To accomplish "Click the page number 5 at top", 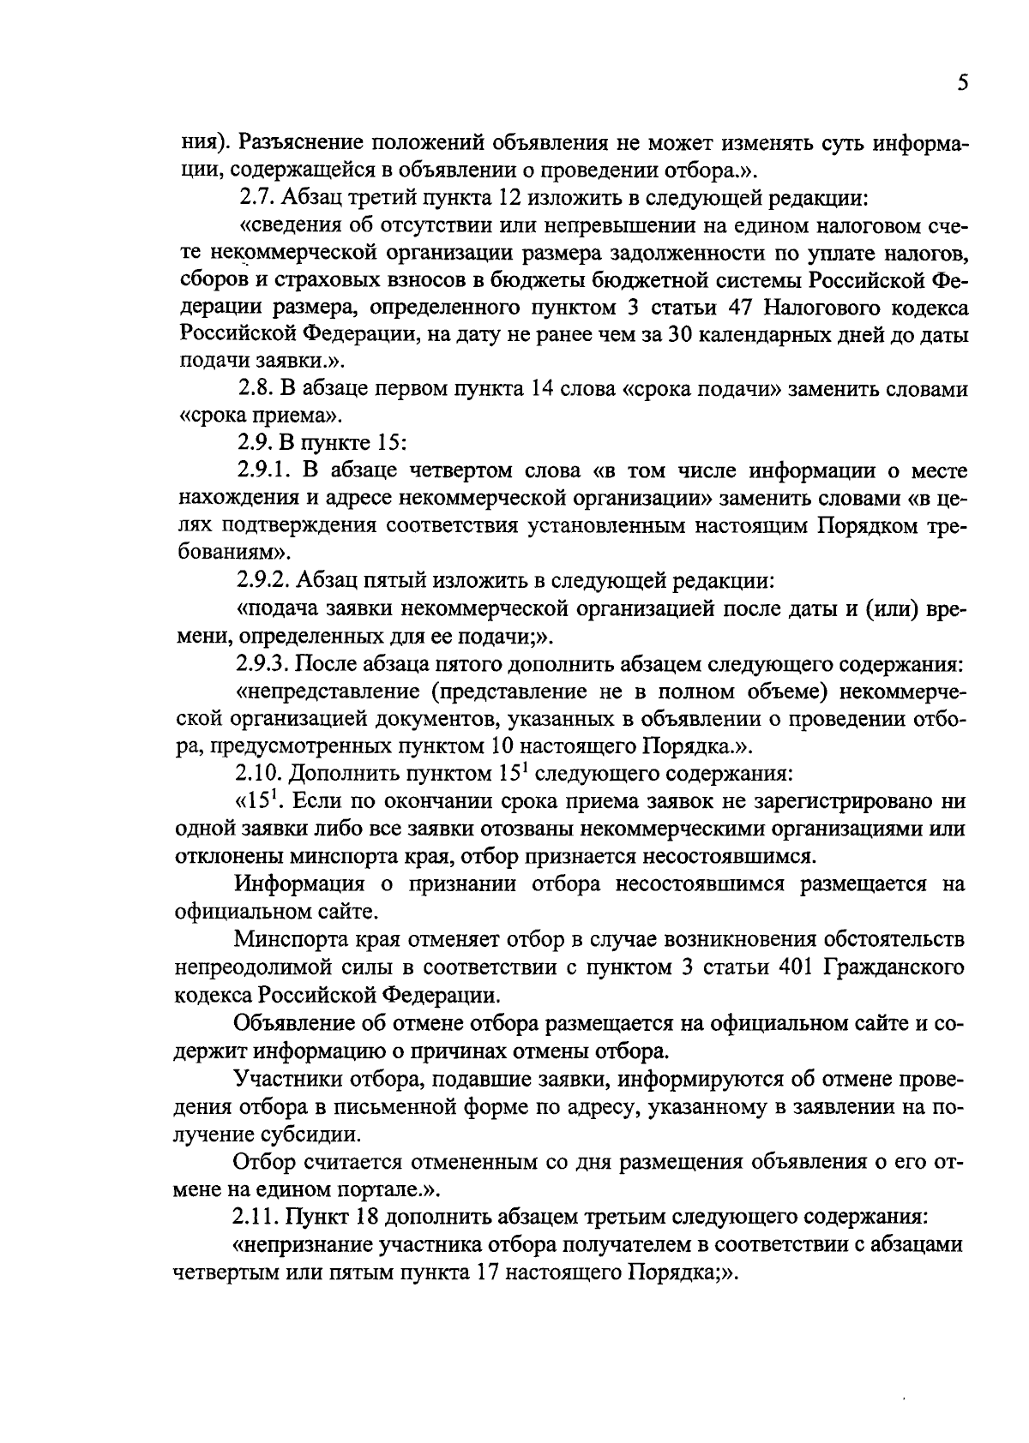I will point(962,83).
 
